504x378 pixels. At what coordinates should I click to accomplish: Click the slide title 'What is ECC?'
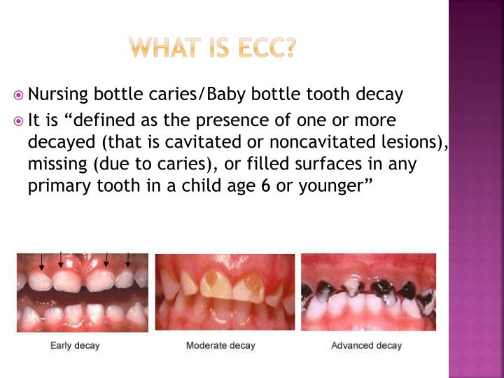(x=213, y=48)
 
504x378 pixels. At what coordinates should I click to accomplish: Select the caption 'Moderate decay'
(x=220, y=346)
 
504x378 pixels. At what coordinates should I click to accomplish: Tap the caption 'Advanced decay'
(x=366, y=346)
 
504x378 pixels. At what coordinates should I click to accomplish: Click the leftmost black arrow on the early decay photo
(x=42, y=262)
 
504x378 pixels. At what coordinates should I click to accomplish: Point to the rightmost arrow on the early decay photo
(x=128, y=258)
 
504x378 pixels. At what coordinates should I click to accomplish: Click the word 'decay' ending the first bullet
(x=385, y=94)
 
